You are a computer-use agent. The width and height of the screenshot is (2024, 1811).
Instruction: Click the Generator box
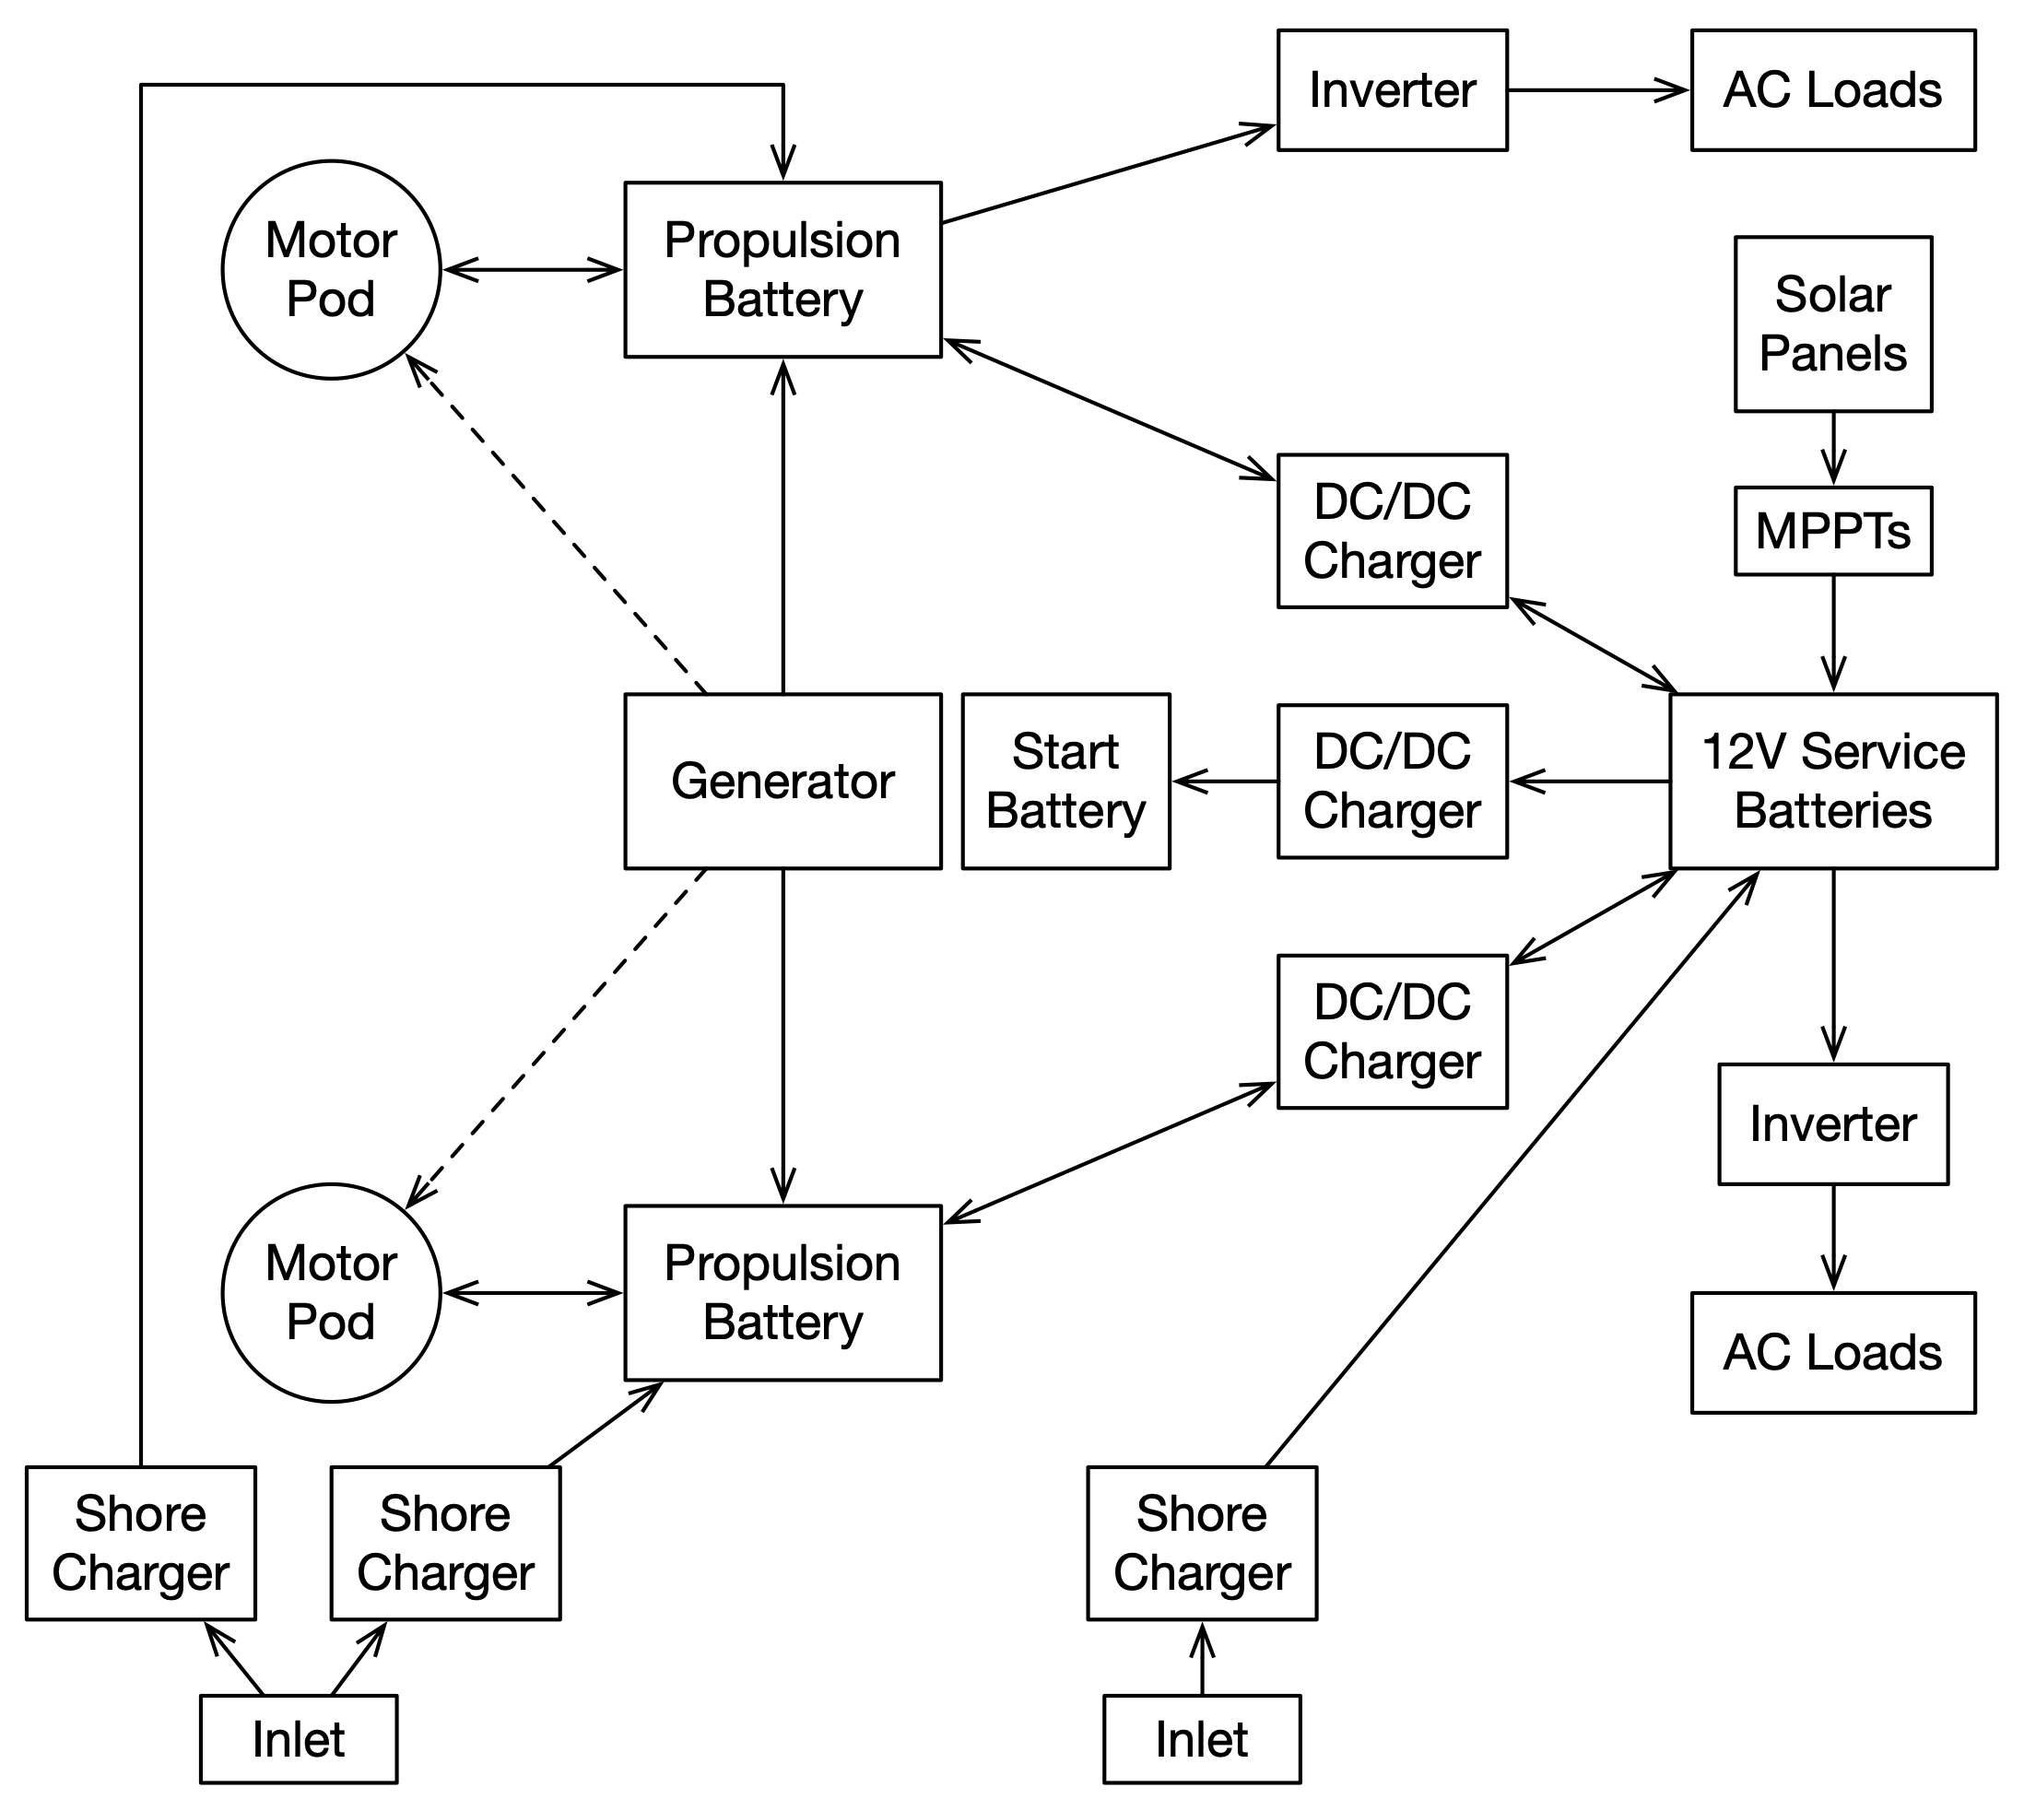point(783,782)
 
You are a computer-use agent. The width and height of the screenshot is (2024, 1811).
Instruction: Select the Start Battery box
point(1065,782)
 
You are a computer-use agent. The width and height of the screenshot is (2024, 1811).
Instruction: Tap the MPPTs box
point(1832,530)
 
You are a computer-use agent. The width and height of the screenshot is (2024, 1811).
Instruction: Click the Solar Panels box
point(1832,323)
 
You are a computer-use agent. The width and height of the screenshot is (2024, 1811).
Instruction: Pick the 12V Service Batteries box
point(1832,782)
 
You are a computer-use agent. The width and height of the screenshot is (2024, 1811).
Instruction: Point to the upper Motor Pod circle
point(332,270)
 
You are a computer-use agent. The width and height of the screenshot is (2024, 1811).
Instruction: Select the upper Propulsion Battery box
point(783,270)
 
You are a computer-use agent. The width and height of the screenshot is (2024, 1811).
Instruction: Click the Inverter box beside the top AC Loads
point(1391,90)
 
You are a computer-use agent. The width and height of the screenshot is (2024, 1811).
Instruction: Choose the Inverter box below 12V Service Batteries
point(1832,1123)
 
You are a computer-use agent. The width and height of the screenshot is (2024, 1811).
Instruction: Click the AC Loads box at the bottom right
point(1832,1352)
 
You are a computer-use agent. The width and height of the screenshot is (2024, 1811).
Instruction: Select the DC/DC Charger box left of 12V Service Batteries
point(1391,782)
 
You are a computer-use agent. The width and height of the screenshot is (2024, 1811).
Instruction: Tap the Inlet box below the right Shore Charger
point(1201,1738)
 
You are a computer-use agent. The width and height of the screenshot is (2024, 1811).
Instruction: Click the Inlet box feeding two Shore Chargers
point(299,1738)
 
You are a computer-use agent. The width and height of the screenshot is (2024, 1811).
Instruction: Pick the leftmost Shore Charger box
point(140,1544)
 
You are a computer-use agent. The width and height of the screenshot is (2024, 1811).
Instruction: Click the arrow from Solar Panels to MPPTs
point(1833,449)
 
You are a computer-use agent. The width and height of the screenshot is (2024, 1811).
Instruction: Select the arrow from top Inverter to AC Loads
point(1598,90)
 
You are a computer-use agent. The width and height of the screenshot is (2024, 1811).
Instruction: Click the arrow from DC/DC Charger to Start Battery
point(1224,782)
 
